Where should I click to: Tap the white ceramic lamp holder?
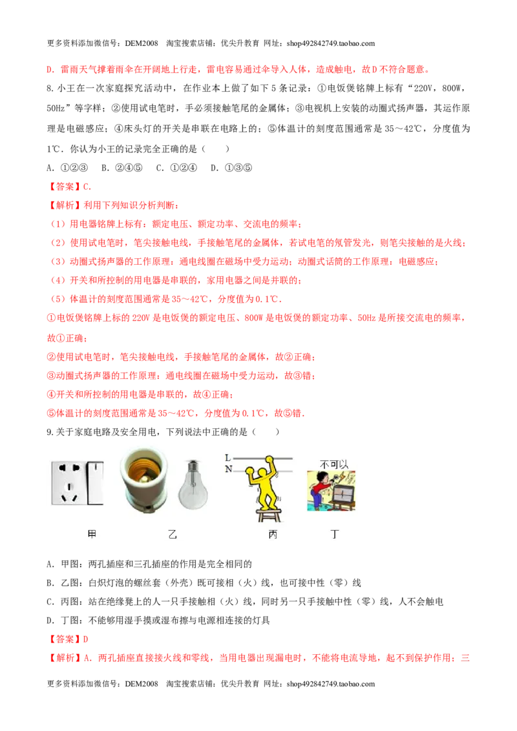point(143,480)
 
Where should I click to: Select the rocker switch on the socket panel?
point(96,484)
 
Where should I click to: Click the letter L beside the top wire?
point(227,458)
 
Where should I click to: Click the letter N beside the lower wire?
point(228,469)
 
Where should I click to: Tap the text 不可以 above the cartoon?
point(334,464)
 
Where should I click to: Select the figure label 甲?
point(92,534)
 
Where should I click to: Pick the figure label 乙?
point(173,534)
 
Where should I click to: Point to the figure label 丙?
point(273,534)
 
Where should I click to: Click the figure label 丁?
point(335,534)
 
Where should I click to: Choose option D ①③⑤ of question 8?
point(231,168)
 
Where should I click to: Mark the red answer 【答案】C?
point(70,187)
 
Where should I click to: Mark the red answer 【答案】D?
point(68,639)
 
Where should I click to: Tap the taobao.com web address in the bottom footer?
point(331,684)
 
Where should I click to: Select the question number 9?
point(50,432)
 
